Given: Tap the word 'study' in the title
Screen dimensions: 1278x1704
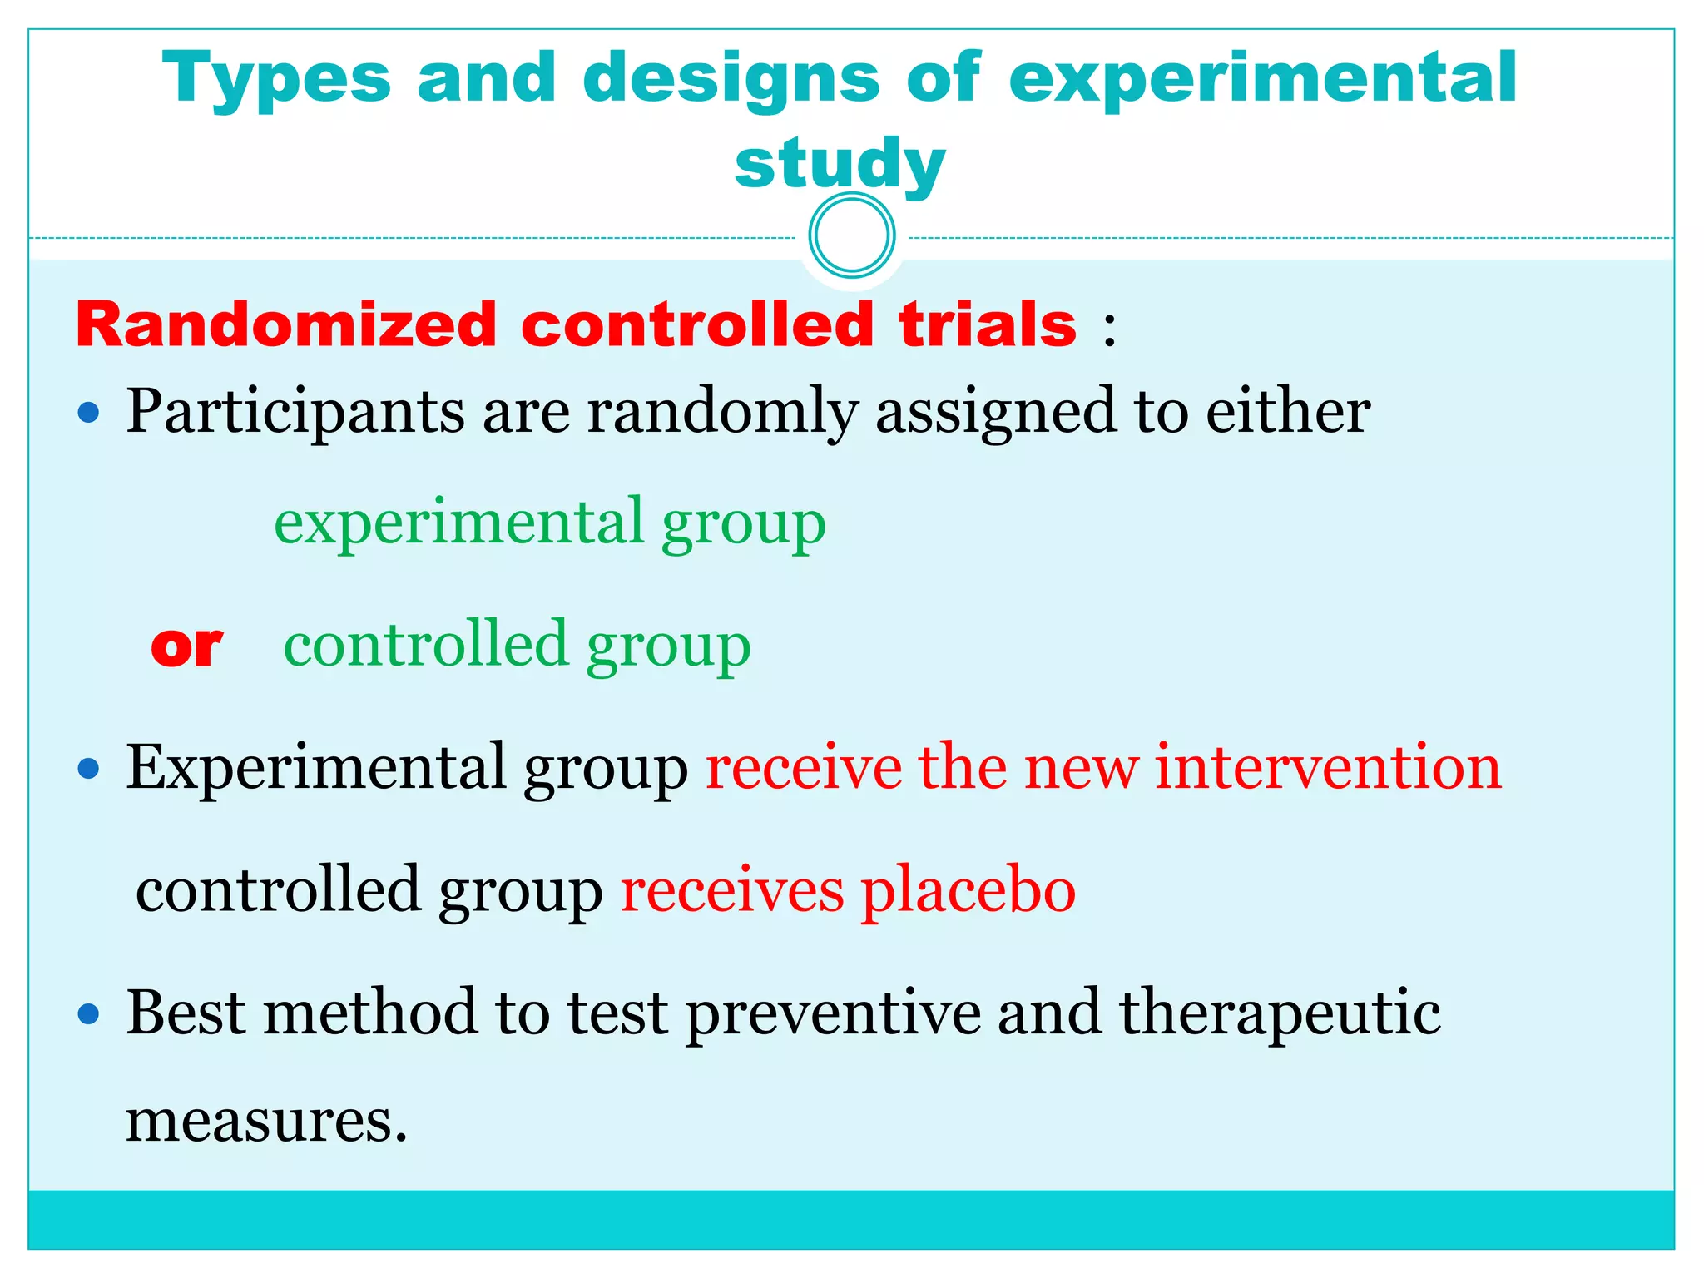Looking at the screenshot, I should coord(840,164).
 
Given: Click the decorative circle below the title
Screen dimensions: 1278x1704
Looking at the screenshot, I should coord(851,235).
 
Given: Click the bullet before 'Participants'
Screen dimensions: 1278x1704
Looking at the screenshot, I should coord(88,412).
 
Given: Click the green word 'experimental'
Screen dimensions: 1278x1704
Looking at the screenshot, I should coord(459,523).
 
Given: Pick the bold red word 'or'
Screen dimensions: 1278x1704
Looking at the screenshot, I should coord(186,646).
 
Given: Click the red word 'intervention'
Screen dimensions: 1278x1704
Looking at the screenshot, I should coord(1328,767).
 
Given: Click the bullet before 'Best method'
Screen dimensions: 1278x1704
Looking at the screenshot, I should coord(88,1014).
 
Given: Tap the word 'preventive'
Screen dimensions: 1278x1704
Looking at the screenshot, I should coord(833,1014).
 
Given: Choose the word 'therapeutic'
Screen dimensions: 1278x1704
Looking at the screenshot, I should coord(1280,1014).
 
